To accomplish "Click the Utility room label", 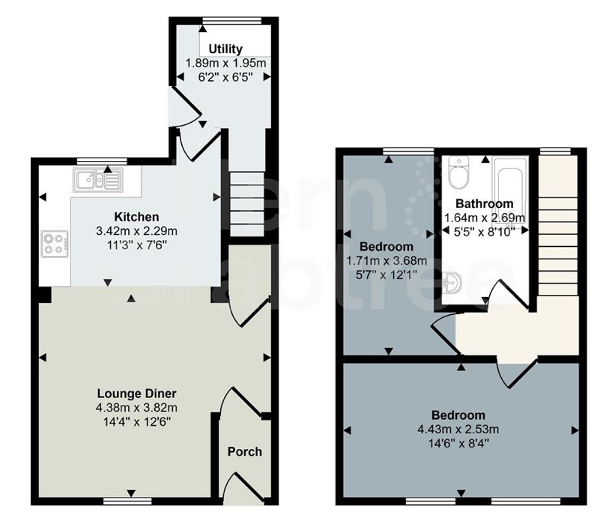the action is point(225,49).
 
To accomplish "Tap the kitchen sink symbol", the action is point(97,180).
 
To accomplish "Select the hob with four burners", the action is point(55,244).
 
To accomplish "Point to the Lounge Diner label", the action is point(136,394).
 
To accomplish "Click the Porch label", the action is point(245,452).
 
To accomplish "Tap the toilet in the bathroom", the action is point(458,172).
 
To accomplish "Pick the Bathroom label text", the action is point(485,204).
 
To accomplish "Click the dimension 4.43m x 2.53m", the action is point(458,429).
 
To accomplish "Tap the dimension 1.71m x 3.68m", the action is point(387,260).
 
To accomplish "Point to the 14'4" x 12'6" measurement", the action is point(136,422).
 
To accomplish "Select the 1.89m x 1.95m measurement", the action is point(225,63).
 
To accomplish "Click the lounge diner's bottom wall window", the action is point(127,501).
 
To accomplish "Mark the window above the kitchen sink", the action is point(102,161).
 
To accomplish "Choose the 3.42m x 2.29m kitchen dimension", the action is point(136,231).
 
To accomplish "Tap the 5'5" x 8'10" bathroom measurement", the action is point(485,232).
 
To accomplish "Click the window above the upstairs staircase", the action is point(555,151).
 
